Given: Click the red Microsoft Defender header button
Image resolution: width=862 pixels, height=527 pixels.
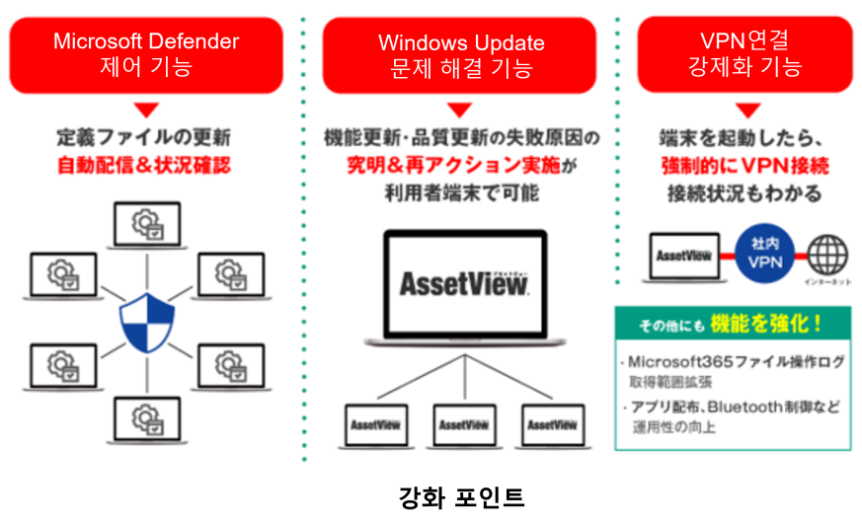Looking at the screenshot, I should tap(146, 54).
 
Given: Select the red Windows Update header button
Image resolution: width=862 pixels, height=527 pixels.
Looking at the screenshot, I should tap(460, 55).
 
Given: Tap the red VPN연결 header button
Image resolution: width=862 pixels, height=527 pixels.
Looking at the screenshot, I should tap(744, 53).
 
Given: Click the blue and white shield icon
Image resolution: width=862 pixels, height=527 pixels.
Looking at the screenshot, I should tap(146, 323).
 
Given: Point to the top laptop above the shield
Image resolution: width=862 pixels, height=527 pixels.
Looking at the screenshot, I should tap(146, 225).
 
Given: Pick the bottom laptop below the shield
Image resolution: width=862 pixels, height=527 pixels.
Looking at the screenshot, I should tap(146, 419).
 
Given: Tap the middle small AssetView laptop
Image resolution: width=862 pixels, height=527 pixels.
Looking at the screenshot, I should tap(464, 424).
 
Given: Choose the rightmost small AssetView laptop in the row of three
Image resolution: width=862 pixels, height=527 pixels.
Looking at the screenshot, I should tap(552, 424).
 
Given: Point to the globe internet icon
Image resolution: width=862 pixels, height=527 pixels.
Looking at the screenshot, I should tap(826, 254).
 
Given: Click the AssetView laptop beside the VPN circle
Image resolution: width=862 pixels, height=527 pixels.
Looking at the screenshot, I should tap(683, 255).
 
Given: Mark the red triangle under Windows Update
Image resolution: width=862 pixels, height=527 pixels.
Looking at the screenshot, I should tap(460, 111).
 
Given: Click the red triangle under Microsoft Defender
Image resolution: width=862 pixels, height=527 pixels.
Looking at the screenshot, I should tap(146, 111).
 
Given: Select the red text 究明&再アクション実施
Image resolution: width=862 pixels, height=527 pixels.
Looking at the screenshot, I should tap(452, 165).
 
